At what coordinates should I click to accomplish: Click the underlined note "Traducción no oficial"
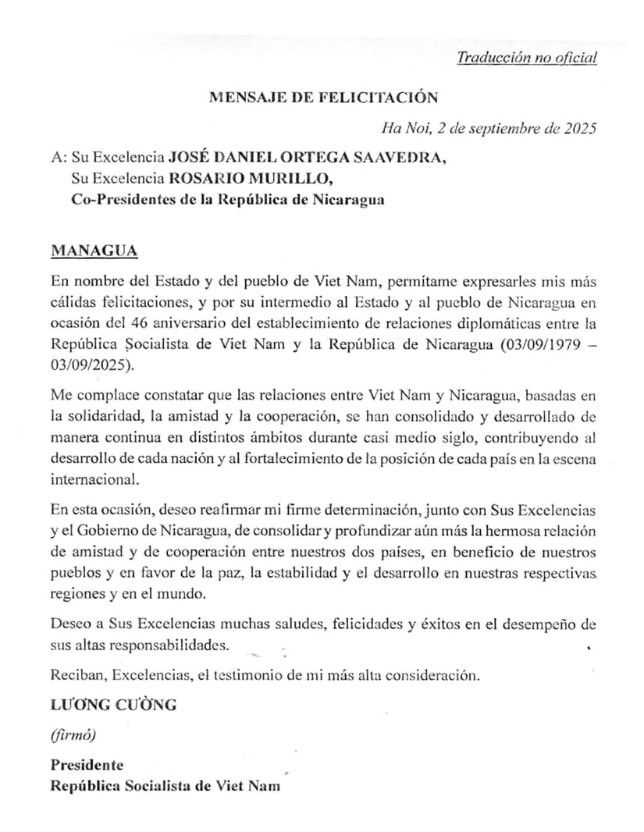click(526, 58)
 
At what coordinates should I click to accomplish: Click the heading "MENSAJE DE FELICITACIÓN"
click(324, 98)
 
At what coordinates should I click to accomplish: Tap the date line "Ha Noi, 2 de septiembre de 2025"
click(489, 128)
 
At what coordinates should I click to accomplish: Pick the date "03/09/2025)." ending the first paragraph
click(92, 364)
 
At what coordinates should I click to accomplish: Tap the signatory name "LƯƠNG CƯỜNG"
click(114, 704)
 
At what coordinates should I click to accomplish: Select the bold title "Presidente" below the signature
click(87, 765)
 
